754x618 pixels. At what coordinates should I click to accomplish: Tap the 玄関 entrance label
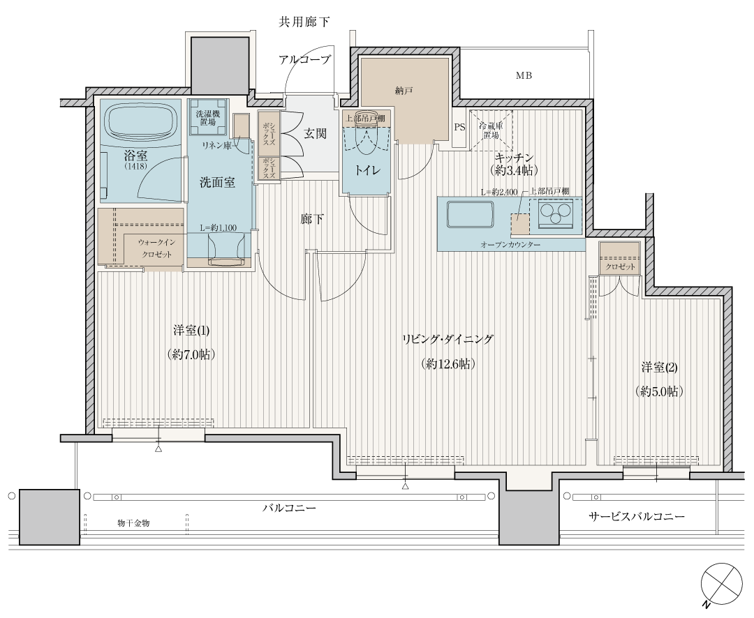pyautogui.click(x=315, y=133)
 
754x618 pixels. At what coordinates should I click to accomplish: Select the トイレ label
pyautogui.click(x=368, y=170)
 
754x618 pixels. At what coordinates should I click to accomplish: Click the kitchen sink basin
pyautogui.click(x=471, y=214)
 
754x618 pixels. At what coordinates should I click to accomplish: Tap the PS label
pyautogui.click(x=459, y=128)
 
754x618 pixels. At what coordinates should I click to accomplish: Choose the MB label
pyautogui.click(x=524, y=75)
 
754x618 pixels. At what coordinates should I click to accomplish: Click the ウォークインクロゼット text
pyautogui.click(x=157, y=248)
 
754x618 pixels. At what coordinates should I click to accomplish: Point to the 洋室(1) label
pyautogui.click(x=191, y=331)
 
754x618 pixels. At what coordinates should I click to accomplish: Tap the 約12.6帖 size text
pyautogui.click(x=448, y=364)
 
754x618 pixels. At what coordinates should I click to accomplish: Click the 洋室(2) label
pyautogui.click(x=659, y=368)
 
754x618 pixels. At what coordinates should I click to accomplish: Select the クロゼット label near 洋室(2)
pyautogui.click(x=621, y=266)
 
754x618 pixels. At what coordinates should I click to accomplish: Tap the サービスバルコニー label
pyautogui.click(x=637, y=517)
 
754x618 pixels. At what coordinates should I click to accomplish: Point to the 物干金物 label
pyautogui.click(x=133, y=523)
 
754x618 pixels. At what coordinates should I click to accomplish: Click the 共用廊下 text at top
pyautogui.click(x=304, y=22)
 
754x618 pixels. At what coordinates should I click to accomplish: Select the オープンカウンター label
pyautogui.click(x=510, y=245)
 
